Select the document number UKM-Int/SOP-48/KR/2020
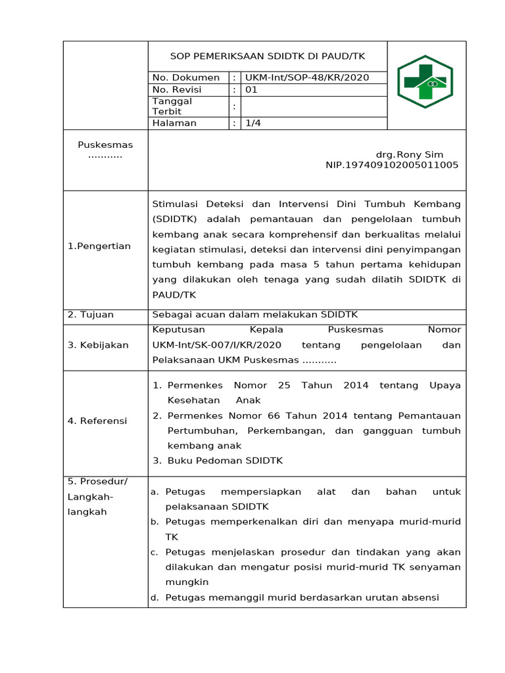pyautogui.click(x=307, y=78)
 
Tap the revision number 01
pyautogui.click(x=251, y=89)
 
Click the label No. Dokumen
pyautogui.click(x=185, y=78)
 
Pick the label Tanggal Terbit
pyautogui.click(x=172, y=106)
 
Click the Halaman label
pyautogui.click(x=174, y=123)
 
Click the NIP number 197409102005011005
pyautogui.click(x=392, y=165)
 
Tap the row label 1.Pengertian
pyautogui.click(x=99, y=246)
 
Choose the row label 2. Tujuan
pyautogui.click(x=91, y=314)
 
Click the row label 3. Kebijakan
pyautogui.click(x=98, y=344)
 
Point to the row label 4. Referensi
pyautogui.click(x=97, y=421)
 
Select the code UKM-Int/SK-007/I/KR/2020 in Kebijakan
pyautogui.click(x=217, y=344)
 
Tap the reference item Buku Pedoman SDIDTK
pyautogui.click(x=225, y=461)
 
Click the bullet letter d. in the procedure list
pyautogui.click(x=155, y=597)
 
